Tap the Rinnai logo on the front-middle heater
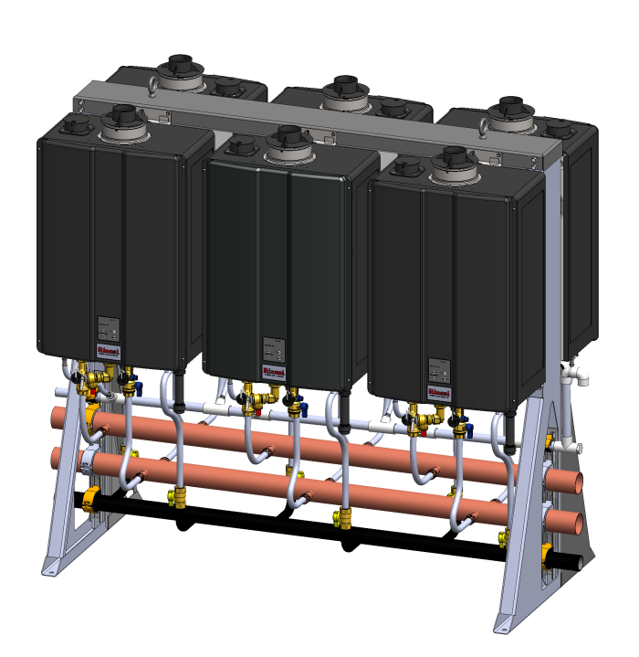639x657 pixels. pyautogui.click(x=273, y=370)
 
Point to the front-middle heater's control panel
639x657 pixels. pyautogui.click(x=273, y=351)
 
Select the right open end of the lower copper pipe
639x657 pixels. pyautogui.click(x=572, y=522)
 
